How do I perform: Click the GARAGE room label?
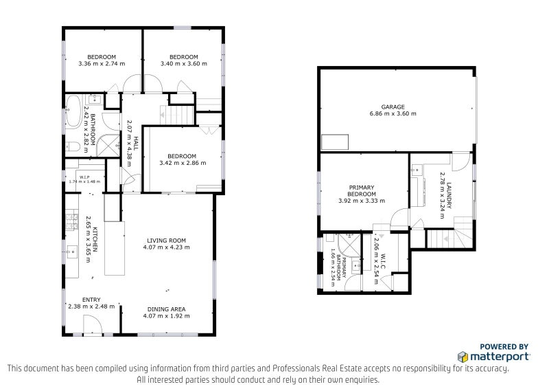pyautogui.click(x=393, y=107)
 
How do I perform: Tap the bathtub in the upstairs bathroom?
pyautogui.click(x=72, y=109)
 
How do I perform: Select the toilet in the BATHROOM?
pyautogui.click(x=72, y=145)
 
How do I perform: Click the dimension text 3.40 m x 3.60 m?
pyautogui.click(x=183, y=65)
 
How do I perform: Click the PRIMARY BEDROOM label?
pyautogui.click(x=361, y=190)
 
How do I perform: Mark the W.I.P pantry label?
pyautogui.click(x=85, y=178)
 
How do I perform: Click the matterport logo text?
pyautogui.click(x=498, y=357)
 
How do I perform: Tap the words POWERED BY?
pyautogui.click(x=503, y=347)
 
